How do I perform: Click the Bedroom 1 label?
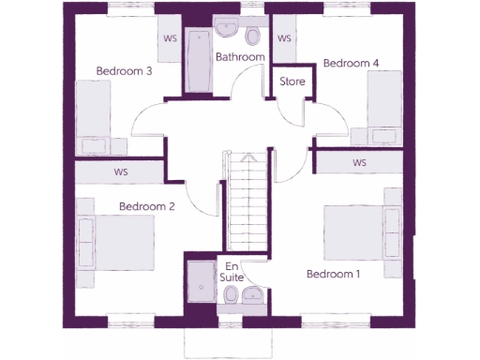tap(333, 274)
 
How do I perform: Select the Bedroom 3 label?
tap(124, 70)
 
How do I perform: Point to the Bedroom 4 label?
tap(351, 63)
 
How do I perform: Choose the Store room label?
tap(292, 81)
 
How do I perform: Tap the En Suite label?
tap(231, 273)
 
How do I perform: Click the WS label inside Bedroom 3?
tap(172, 38)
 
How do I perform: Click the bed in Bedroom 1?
tap(362, 232)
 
